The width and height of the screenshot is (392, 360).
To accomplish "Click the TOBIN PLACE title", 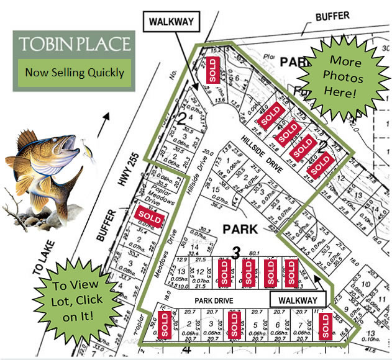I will tap(75, 45).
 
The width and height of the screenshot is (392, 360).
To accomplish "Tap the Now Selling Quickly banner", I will tap(75, 72).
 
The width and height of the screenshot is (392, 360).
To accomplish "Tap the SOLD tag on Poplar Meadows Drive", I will tap(148, 217).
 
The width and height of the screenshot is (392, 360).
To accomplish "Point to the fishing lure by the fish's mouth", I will tap(87, 152).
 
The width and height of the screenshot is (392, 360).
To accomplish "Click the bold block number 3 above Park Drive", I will tap(236, 252).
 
